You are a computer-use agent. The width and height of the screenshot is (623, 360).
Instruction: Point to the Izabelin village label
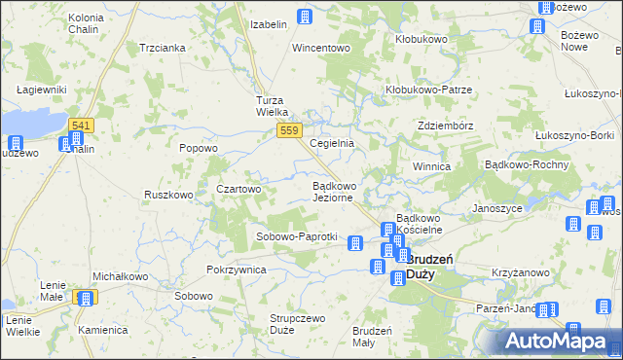(x=269, y=24)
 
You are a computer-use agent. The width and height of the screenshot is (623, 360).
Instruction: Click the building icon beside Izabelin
(x=305, y=17)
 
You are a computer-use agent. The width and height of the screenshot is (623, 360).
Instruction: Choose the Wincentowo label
(x=321, y=48)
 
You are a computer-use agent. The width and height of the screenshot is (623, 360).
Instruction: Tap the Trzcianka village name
(x=163, y=48)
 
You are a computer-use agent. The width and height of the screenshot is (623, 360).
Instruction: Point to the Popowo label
(x=199, y=148)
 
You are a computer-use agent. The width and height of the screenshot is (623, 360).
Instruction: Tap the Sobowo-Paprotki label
(x=296, y=236)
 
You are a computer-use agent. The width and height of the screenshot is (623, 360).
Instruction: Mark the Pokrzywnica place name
(x=237, y=270)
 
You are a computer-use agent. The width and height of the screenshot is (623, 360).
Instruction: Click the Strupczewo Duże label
(x=296, y=324)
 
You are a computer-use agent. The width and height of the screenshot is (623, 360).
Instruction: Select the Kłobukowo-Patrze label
(x=428, y=90)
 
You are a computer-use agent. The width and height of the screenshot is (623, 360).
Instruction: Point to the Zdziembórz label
(x=445, y=126)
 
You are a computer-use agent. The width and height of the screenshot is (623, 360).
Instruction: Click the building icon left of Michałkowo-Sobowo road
(x=86, y=299)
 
